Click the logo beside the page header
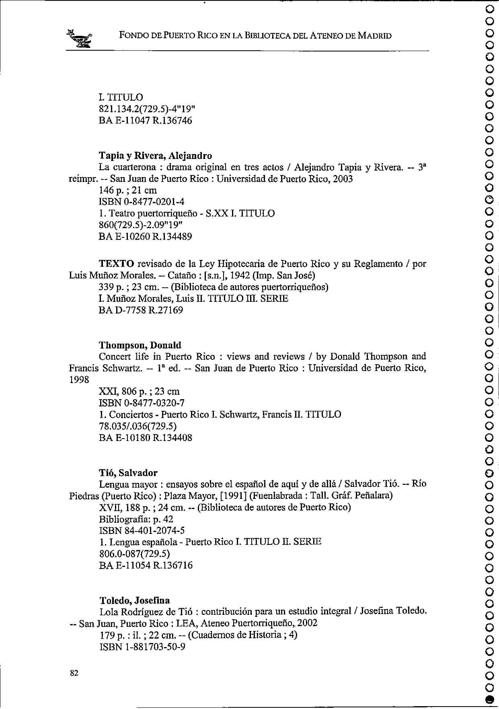80,39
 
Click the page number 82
74,673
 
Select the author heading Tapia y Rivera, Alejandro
155,155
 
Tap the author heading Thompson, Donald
140,345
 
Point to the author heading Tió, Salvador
128,473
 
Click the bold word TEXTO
117,264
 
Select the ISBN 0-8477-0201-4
142,202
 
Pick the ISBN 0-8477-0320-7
142,403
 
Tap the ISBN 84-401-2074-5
142,531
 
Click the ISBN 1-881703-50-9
142,647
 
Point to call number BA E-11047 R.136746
145,120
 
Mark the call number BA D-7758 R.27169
141,310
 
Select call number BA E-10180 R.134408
145,438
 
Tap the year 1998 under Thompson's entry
79,380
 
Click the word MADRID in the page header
374,36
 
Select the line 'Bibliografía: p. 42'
136,519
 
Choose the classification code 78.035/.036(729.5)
138,426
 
